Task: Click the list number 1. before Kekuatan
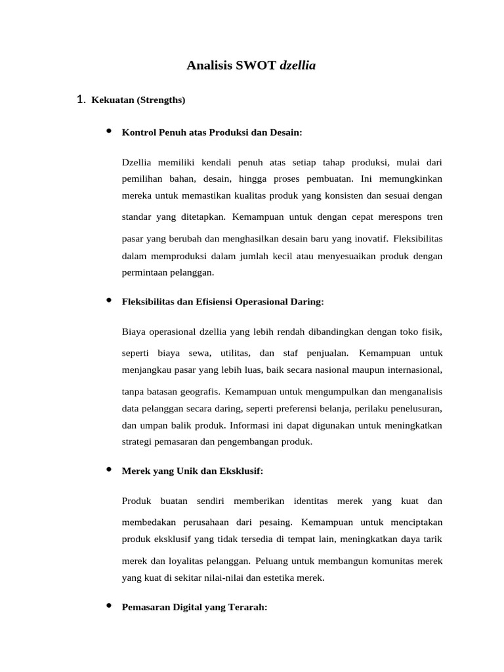click(x=81, y=100)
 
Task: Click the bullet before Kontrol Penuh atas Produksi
click(x=108, y=132)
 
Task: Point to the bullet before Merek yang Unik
click(x=108, y=471)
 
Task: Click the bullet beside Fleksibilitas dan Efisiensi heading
click(x=108, y=301)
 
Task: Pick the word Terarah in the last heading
click(x=247, y=608)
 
